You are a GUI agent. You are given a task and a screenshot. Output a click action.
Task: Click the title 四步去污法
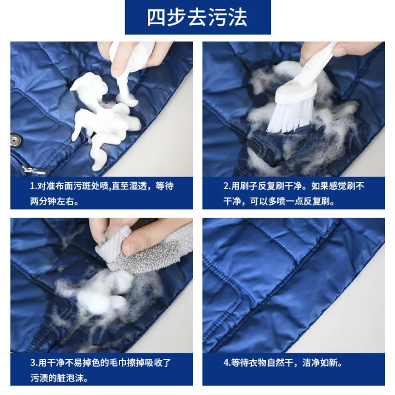197,18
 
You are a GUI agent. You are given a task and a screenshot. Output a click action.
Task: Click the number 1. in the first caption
32,187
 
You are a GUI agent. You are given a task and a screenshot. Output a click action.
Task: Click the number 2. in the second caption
227,187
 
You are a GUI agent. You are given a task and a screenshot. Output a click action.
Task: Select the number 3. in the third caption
33,363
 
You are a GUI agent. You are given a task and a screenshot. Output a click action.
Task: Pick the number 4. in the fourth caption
227,363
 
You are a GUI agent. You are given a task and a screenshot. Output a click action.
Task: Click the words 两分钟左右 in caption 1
54,201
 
